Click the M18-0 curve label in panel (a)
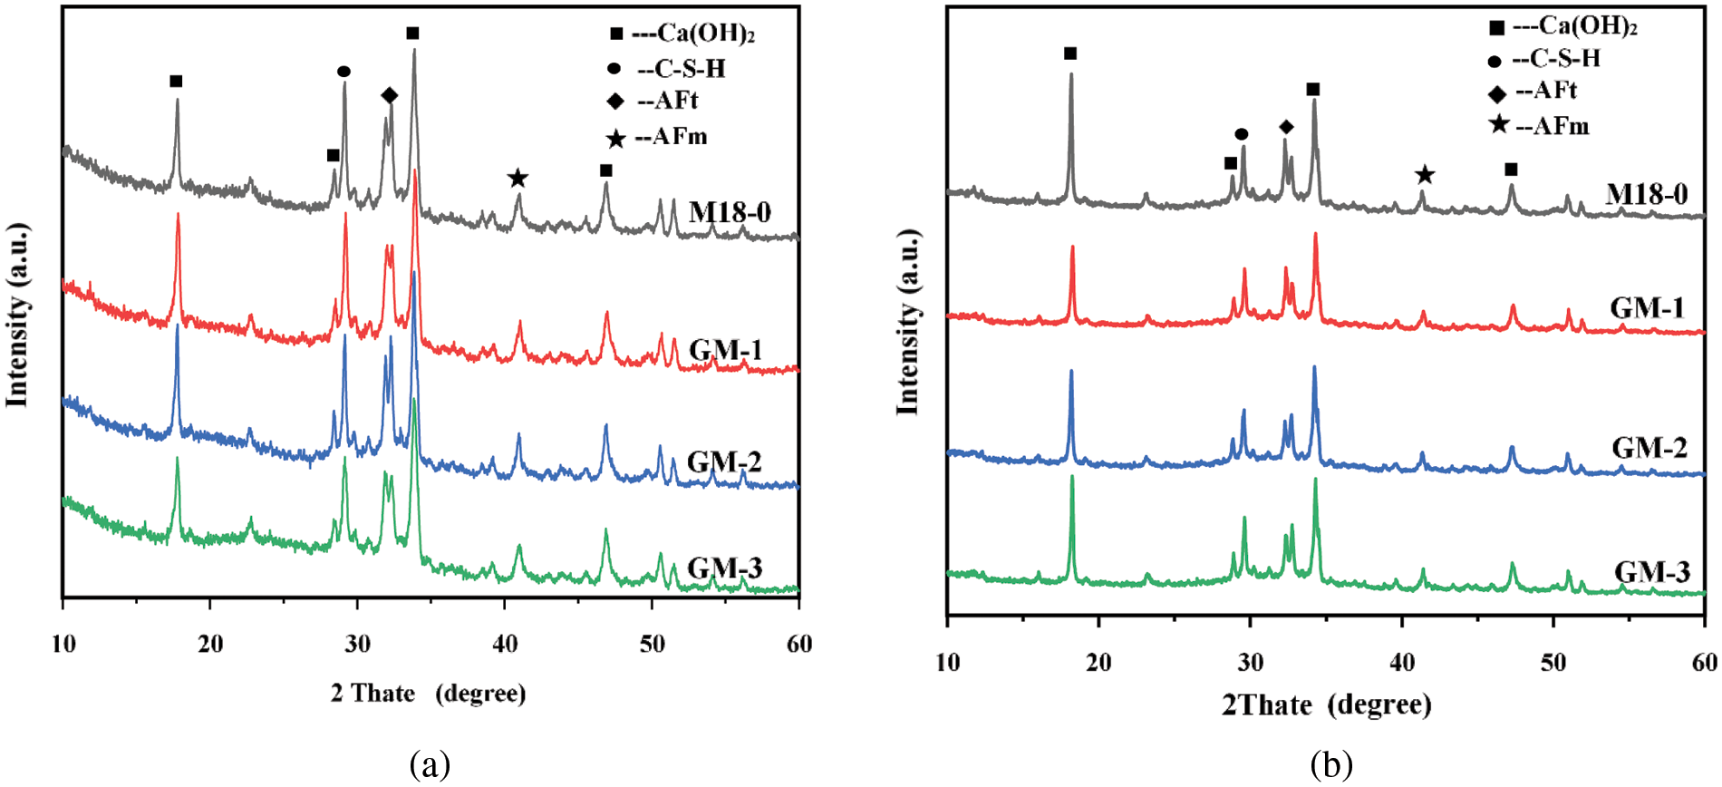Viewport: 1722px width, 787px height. coord(730,212)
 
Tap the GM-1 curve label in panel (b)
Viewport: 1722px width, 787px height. coord(1647,308)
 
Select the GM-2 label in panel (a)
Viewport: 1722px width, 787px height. coord(724,462)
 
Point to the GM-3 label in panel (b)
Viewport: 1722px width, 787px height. coord(1651,572)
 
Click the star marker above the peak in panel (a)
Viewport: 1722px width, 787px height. coord(518,178)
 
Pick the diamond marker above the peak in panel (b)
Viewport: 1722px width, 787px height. coord(1286,127)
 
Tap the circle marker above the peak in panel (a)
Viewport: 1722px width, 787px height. coord(343,72)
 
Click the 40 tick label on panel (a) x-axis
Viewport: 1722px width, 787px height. coord(505,645)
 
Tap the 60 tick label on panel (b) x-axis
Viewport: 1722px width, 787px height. coord(1704,663)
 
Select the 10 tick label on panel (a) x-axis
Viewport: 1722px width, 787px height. coord(63,645)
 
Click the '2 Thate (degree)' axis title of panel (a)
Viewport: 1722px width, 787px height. coord(428,694)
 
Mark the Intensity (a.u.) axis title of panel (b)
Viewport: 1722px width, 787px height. coord(907,322)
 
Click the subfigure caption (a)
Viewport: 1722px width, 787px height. coord(430,764)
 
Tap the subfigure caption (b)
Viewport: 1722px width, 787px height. coord(1331,764)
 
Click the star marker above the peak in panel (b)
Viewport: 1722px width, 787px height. coord(1424,174)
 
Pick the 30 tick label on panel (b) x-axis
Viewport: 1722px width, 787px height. coord(1250,663)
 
